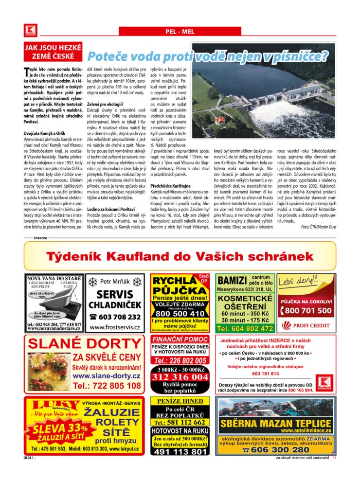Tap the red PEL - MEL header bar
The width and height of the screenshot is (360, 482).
click(x=180, y=32)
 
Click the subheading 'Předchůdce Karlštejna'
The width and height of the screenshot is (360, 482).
click(x=170, y=186)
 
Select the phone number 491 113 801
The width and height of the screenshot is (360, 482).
click(x=181, y=452)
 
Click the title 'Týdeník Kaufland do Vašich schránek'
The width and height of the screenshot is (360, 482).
click(x=180, y=257)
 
